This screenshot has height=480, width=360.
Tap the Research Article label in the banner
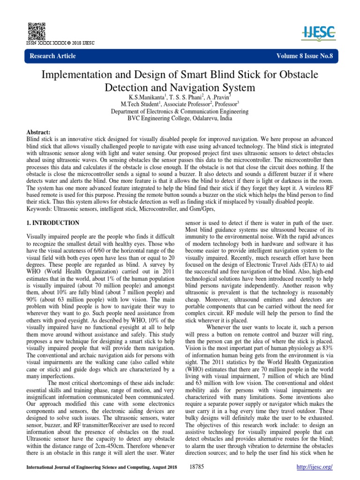coord(53,56)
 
